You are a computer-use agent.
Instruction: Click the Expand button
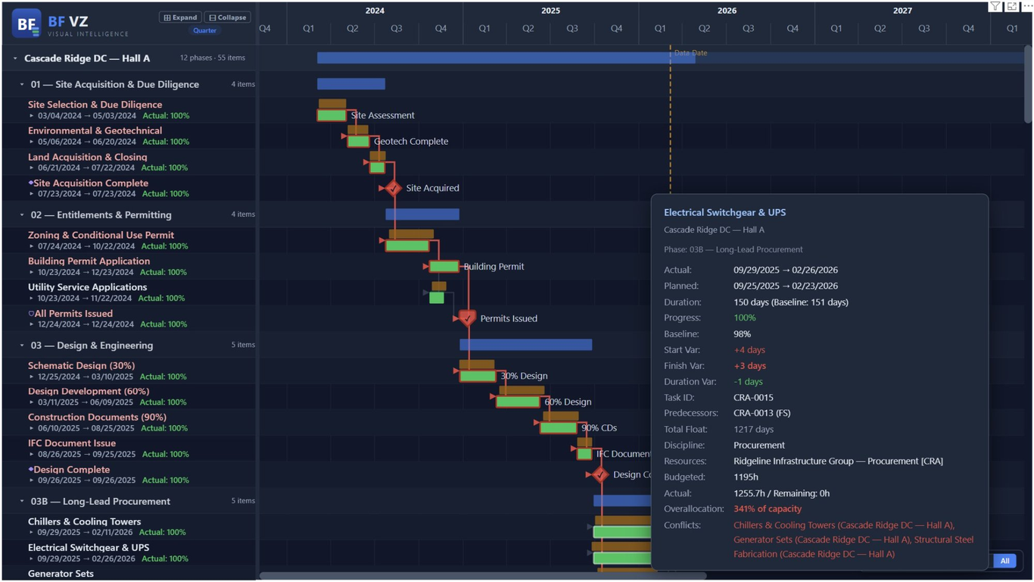click(x=180, y=17)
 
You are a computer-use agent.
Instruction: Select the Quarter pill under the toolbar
click(x=204, y=30)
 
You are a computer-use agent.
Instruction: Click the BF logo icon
click(x=26, y=23)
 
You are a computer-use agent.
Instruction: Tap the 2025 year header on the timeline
click(x=550, y=11)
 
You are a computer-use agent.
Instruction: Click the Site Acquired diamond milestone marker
click(x=393, y=188)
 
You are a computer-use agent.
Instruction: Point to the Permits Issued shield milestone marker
click(x=467, y=318)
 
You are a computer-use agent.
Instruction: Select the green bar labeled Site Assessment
click(x=332, y=116)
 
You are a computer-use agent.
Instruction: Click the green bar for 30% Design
click(x=478, y=377)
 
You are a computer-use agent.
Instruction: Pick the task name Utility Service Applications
click(x=87, y=287)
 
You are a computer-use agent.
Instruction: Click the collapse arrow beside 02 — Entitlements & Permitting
click(x=22, y=215)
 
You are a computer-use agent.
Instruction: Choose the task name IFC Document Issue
click(x=72, y=443)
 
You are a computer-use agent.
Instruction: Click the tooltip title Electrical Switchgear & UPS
click(x=724, y=213)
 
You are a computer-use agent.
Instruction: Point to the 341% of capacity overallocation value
click(x=767, y=509)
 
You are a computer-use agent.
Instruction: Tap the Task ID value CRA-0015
click(x=753, y=397)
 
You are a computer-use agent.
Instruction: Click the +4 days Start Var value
click(x=749, y=350)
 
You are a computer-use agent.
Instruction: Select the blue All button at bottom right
click(x=1004, y=561)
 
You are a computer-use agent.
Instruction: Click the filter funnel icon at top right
click(x=995, y=7)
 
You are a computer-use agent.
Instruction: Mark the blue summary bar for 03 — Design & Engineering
click(x=525, y=345)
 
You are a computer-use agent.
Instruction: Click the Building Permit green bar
click(x=444, y=267)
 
